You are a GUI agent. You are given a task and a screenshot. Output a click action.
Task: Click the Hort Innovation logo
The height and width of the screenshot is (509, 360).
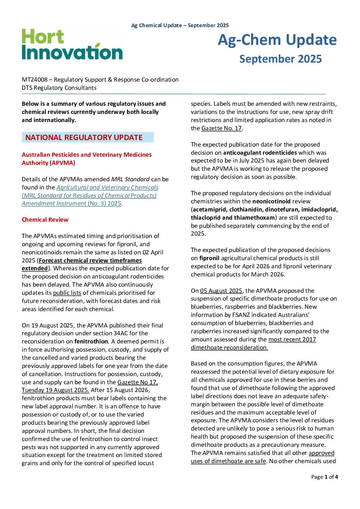72,45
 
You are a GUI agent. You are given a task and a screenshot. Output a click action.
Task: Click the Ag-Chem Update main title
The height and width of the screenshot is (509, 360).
277,40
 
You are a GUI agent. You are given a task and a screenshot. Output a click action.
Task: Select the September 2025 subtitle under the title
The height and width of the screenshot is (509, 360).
280,59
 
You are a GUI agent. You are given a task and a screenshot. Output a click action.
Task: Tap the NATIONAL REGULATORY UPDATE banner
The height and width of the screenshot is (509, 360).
87,137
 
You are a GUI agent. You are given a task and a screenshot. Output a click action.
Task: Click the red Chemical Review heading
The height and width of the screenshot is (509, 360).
45,220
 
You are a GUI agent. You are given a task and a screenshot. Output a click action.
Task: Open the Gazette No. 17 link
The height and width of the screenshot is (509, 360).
222,128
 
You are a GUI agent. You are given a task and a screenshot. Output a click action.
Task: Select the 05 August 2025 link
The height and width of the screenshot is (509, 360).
221,291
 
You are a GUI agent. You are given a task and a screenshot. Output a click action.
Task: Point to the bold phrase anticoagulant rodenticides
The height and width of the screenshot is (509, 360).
260,153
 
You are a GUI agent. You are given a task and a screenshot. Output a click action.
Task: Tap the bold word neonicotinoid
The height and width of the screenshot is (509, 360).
272,201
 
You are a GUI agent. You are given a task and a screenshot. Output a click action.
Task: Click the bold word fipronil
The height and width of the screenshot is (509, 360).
209,258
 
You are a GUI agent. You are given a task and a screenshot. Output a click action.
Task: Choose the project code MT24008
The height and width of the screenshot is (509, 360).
35,80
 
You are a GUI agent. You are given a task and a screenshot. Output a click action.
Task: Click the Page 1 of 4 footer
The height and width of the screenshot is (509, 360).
324,477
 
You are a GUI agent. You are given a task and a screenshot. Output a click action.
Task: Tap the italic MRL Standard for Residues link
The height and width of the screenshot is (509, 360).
89,196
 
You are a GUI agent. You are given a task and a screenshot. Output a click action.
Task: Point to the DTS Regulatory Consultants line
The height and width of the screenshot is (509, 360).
59,88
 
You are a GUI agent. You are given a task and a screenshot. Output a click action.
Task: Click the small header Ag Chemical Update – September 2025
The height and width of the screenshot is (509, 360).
180,26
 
